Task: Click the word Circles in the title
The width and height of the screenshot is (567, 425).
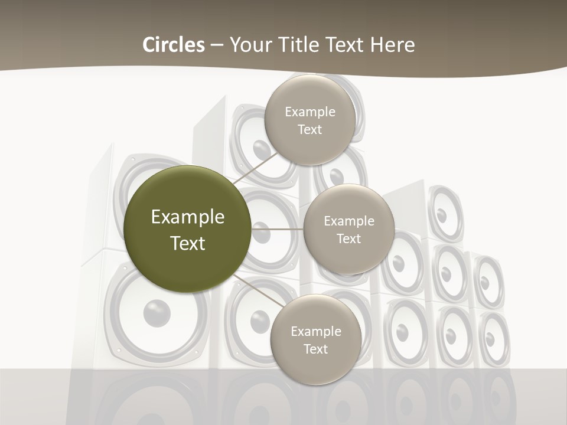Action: click(x=174, y=45)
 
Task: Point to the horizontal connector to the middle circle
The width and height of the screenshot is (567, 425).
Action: click(x=278, y=229)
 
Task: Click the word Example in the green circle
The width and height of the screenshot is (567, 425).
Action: click(x=188, y=217)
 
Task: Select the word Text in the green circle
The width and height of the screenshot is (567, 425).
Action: click(x=188, y=243)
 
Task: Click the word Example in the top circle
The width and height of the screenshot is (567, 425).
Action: click(x=310, y=112)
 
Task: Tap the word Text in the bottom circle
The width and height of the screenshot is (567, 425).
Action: click(x=315, y=349)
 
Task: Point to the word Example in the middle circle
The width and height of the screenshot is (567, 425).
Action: click(x=349, y=221)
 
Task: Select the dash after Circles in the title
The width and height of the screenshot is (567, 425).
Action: click(x=217, y=45)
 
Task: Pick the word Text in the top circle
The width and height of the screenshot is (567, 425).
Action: click(x=310, y=130)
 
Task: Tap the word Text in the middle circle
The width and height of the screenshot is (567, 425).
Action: click(x=349, y=239)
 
